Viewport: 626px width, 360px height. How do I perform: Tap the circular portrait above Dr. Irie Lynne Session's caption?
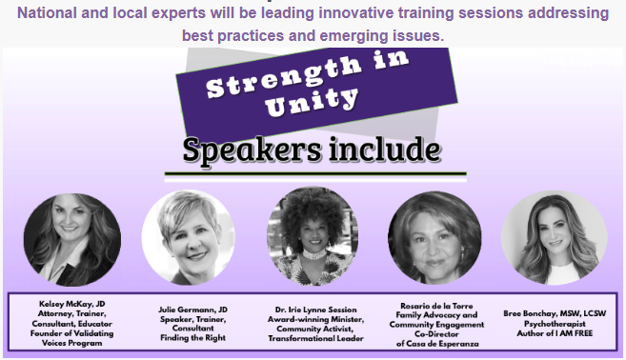click(x=312, y=236)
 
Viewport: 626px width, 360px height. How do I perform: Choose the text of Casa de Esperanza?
click(x=437, y=341)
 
